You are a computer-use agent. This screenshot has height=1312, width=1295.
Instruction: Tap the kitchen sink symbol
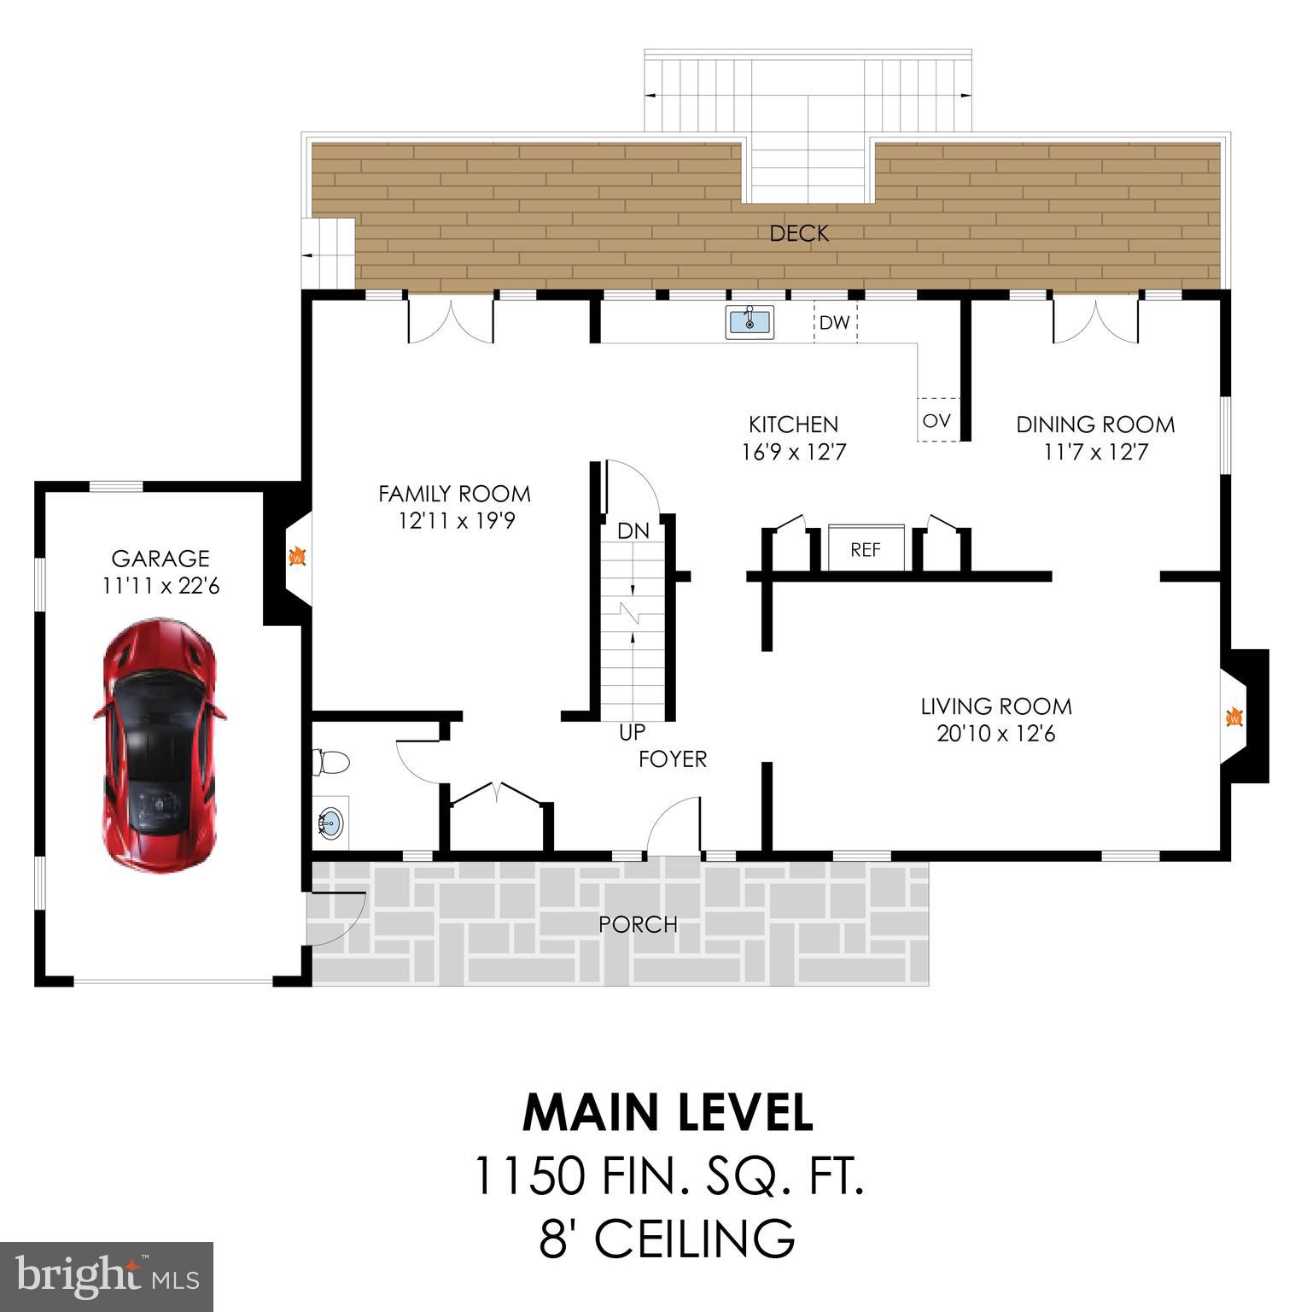750,322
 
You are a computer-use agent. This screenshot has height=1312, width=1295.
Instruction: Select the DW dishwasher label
834,323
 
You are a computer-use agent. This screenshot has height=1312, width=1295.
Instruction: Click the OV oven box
937,420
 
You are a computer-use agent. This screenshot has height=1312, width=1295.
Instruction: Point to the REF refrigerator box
866,549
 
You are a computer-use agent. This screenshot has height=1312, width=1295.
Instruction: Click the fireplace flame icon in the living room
1234,717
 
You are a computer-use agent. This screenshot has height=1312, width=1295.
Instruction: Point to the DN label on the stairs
633,530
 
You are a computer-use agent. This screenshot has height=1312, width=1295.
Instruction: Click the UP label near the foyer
632,732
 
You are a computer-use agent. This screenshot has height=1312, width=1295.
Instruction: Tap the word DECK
798,233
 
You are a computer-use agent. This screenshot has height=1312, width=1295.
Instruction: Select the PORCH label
638,924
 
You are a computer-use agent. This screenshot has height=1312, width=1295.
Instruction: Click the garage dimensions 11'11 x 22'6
160,586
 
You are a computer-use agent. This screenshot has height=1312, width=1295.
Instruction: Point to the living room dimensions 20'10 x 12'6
995,734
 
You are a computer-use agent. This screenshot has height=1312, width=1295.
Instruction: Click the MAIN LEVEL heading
668,1113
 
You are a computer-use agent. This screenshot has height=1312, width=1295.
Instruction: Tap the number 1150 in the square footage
528,1175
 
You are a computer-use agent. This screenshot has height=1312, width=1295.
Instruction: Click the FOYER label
673,758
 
